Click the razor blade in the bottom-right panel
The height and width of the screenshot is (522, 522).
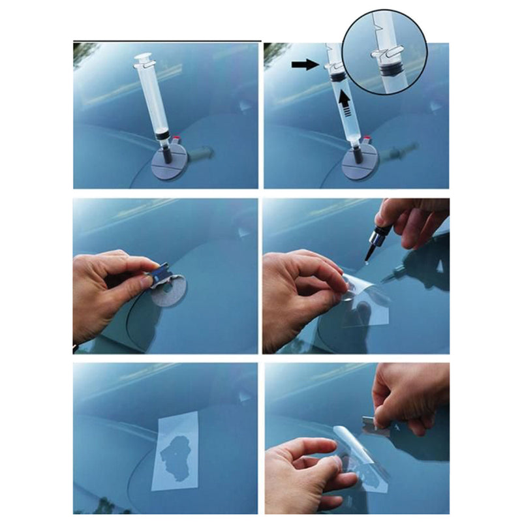coord(375,427)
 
